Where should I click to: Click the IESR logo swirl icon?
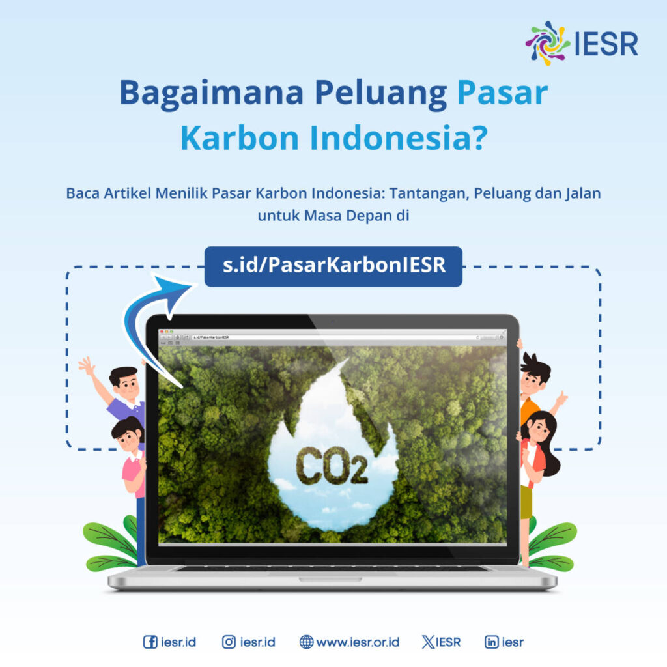coord(548,43)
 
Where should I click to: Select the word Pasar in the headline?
coord(502,94)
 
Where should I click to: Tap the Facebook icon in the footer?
coord(150,642)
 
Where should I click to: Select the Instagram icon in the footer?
coord(229,642)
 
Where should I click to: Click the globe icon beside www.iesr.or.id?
coord(306,642)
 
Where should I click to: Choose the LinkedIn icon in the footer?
coord(492,642)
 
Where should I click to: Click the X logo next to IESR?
coord(428,642)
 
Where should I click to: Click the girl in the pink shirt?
coord(131,456)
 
